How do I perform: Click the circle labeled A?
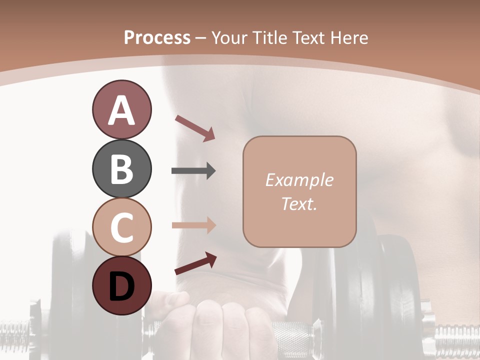coord(121,109)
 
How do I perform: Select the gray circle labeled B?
coord(121,168)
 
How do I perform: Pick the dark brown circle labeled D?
coord(121,285)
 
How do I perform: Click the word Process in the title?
coord(157,38)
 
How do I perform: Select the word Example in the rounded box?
coord(299,180)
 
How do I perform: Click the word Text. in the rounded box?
coord(299,203)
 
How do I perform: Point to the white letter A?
coord(121,110)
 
